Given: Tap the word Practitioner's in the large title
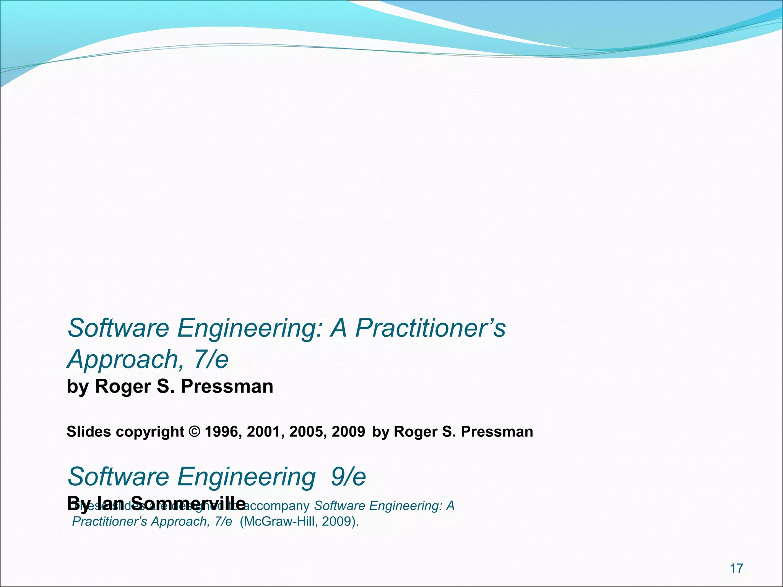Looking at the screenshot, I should tap(430, 328).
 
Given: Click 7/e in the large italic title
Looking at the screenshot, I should tap(211, 360).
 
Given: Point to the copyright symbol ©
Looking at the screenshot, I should tap(194, 432).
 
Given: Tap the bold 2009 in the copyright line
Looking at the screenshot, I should tap(348, 432).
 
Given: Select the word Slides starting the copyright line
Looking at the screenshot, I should tap(89, 432).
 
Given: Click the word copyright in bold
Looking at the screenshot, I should tap(150, 432).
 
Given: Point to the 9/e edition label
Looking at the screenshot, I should tap(348, 477).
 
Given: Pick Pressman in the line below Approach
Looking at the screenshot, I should tap(227, 386).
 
